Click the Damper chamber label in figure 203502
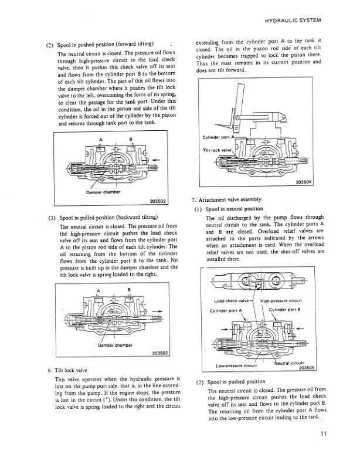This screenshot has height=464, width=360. (101, 192)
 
